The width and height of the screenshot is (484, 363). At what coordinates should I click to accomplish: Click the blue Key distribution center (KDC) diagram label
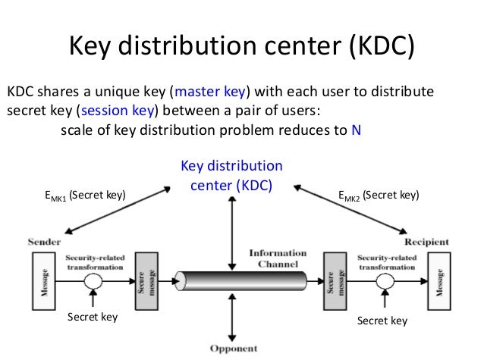tap(231, 174)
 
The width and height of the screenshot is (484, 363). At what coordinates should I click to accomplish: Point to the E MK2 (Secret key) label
tap(379, 196)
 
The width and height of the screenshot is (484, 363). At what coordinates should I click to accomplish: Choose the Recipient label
tap(426, 242)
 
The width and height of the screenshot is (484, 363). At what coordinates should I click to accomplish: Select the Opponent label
tap(233, 349)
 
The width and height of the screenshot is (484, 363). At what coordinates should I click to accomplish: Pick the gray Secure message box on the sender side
tap(145, 279)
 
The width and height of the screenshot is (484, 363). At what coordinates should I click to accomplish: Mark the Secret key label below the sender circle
tap(93, 318)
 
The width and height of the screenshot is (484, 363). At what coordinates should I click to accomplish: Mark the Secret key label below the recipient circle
tap(382, 321)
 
